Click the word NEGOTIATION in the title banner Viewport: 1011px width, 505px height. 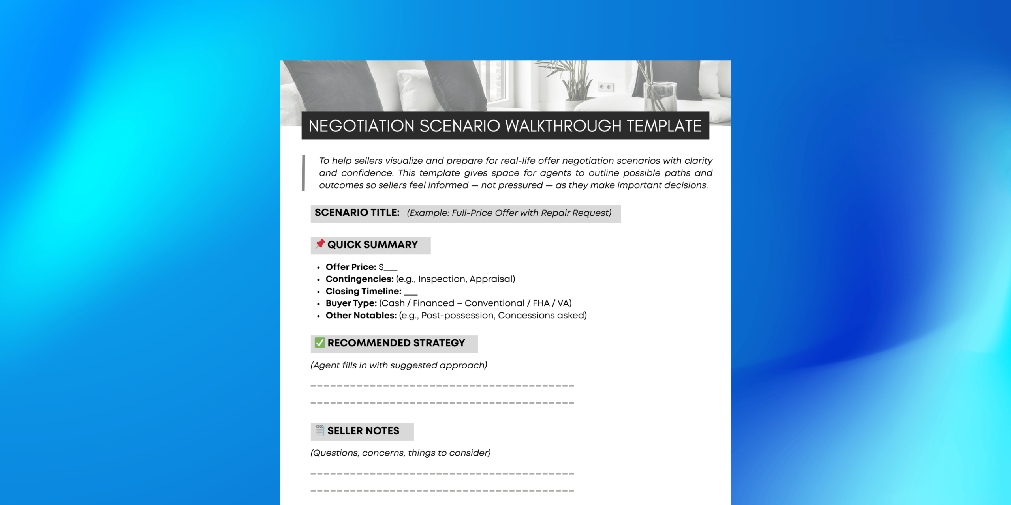(361, 126)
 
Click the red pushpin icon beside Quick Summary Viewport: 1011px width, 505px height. (320, 244)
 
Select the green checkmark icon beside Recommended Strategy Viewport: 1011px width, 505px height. (320, 342)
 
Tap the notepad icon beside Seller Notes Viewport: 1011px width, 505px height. (320, 430)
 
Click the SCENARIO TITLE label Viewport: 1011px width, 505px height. (357, 213)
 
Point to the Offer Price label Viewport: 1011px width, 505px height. (351, 267)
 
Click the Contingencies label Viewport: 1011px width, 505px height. (359, 279)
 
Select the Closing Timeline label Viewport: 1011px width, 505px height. (363, 292)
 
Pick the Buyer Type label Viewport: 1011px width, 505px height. (351, 303)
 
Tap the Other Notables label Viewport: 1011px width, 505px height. (361, 316)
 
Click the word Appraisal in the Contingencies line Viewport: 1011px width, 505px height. (492, 279)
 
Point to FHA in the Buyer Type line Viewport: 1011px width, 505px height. (541, 303)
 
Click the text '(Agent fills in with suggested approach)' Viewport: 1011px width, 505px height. (399, 365)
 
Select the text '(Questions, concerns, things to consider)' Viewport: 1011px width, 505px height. (400, 453)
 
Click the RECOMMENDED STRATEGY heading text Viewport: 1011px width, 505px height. (396, 343)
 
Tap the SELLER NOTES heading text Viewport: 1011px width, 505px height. (363, 431)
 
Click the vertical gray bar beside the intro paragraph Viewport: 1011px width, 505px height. (303, 173)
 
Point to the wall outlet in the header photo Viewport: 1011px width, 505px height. (606, 87)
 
